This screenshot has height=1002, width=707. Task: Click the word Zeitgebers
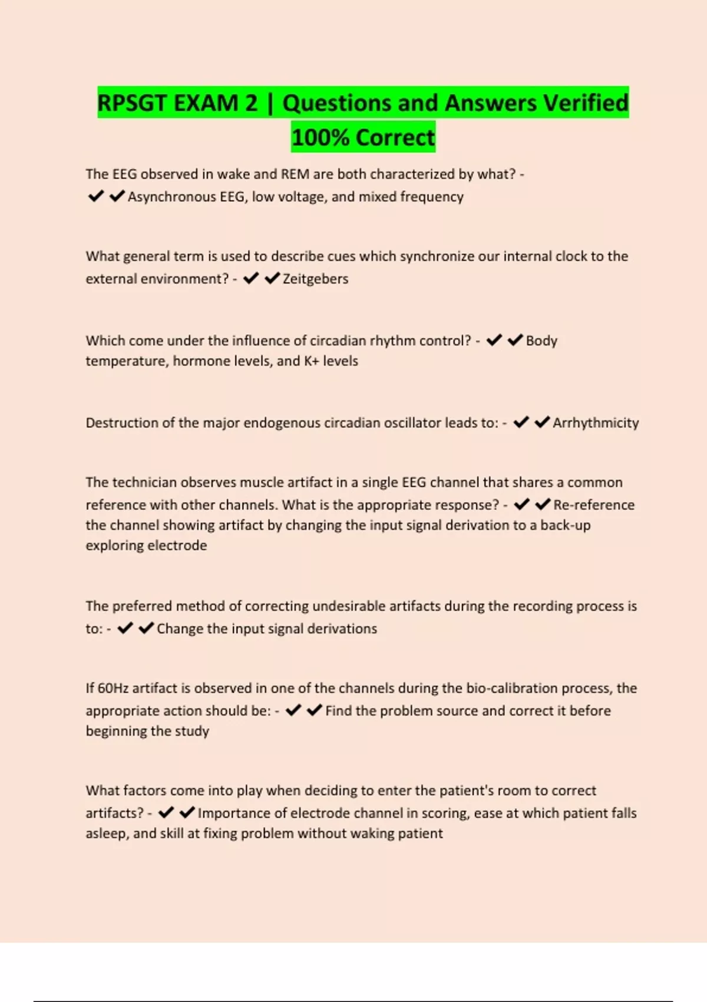[315, 279]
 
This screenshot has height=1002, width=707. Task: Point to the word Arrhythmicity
[596, 423]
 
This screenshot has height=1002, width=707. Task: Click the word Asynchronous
[171, 197]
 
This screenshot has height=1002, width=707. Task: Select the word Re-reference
[594, 505]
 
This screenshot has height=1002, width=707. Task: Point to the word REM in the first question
[295, 174]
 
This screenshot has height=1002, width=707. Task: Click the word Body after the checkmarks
[541, 341]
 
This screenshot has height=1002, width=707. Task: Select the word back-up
[565, 525]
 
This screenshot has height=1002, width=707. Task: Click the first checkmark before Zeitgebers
[251, 278]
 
